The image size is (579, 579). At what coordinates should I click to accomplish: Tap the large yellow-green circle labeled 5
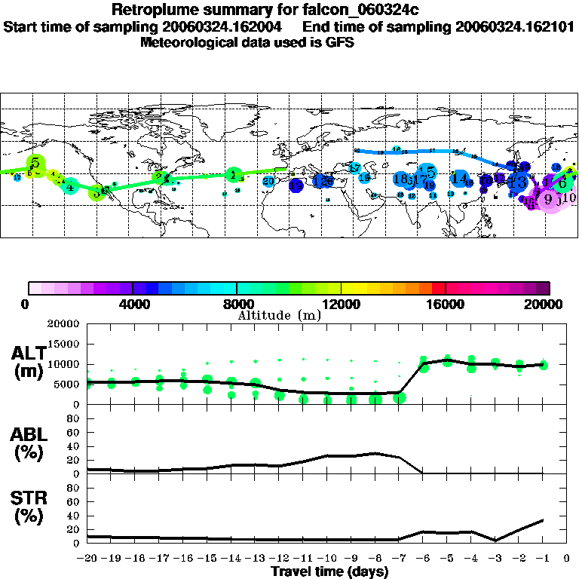click(x=35, y=163)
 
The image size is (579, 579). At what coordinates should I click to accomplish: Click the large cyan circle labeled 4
click(x=70, y=186)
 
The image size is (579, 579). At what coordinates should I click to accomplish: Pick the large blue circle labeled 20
click(x=268, y=181)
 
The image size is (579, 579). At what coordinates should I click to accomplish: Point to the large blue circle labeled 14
click(x=458, y=179)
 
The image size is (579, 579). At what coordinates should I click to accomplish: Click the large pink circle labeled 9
click(x=548, y=199)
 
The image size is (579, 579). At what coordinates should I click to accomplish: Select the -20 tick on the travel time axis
click(x=87, y=559)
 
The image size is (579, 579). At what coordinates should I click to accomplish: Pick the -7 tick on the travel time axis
click(x=399, y=559)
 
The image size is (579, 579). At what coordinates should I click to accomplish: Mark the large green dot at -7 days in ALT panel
click(x=399, y=397)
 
